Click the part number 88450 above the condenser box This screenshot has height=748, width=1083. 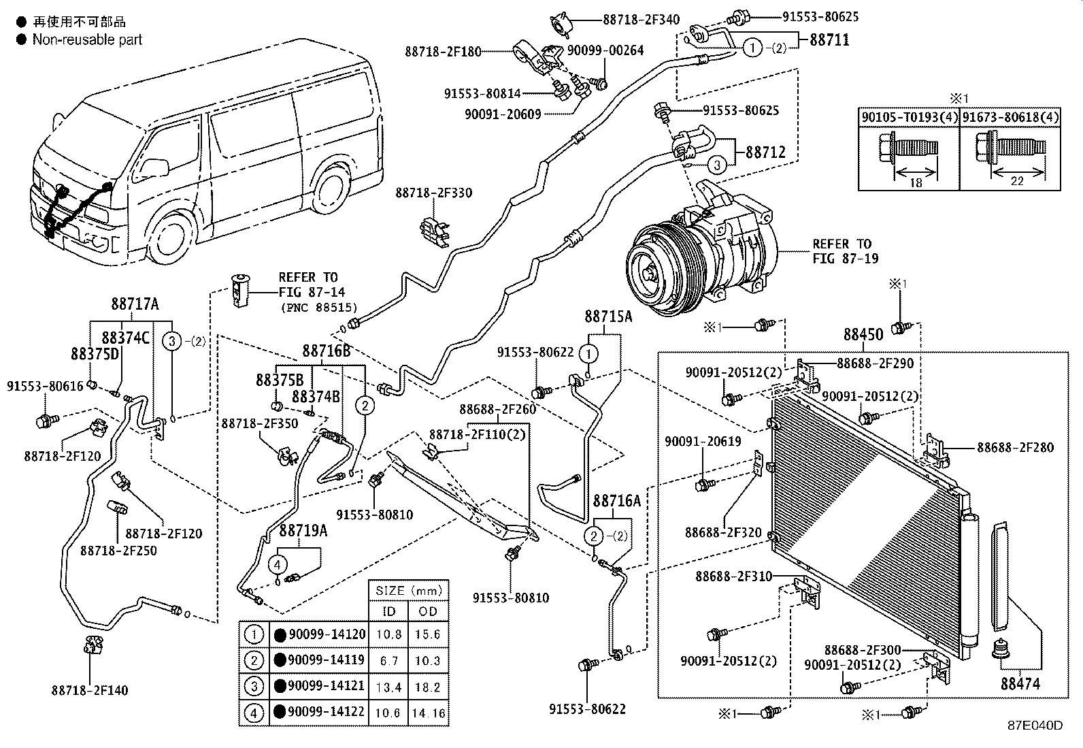point(863,334)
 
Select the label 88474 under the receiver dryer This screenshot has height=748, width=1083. point(1020,683)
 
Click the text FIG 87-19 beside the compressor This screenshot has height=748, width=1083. point(845,259)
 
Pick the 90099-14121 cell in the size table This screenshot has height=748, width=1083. point(326,686)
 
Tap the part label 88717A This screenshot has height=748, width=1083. point(135,304)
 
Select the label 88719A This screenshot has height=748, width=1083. point(303,530)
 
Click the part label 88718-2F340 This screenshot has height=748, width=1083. point(641,20)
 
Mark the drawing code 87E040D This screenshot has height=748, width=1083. point(1035,726)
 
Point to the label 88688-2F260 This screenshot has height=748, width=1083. point(497,409)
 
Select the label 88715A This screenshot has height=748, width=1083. point(607,316)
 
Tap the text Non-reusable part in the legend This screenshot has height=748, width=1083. point(87,39)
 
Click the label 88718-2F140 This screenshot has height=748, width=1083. point(89,690)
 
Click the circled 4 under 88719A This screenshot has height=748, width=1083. point(277,564)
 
